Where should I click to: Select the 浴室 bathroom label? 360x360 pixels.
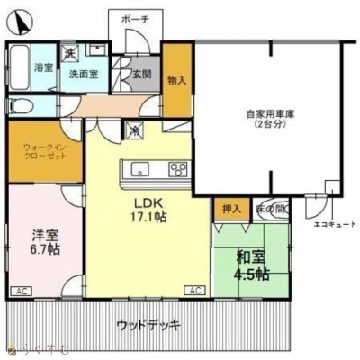pyautogui.click(x=43, y=67)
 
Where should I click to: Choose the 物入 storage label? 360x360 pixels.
pyautogui.click(x=176, y=80)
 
